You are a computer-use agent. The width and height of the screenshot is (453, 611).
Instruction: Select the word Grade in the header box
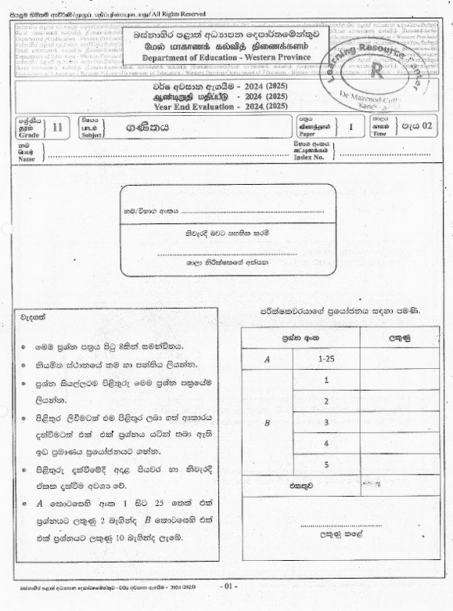click(27, 135)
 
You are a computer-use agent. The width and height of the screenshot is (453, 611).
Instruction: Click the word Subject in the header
click(92, 135)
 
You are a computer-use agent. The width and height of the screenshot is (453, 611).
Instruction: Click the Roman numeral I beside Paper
click(351, 127)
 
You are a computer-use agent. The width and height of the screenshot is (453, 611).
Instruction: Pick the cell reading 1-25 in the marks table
click(326, 358)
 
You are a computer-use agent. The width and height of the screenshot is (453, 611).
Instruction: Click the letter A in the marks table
click(268, 359)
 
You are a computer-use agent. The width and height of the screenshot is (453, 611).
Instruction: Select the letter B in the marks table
click(268, 422)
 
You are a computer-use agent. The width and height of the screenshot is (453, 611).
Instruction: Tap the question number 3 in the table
click(325, 422)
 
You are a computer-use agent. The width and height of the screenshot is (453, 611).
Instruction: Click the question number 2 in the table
click(325, 401)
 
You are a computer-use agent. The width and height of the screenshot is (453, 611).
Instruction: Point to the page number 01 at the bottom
click(229, 586)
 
